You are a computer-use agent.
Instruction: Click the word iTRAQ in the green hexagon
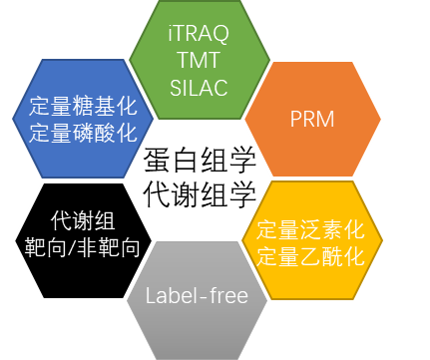pyautogui.click(x=199, y=35)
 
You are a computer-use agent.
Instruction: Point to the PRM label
pyautogui.click(x=312, y=122)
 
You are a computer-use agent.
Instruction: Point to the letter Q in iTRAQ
pyautogui.click(x=223, y=36)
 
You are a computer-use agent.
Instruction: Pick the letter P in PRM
pyautogui.click(x=295, y=122)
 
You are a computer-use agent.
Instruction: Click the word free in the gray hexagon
pyautogui.click(x=227, y=296)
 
